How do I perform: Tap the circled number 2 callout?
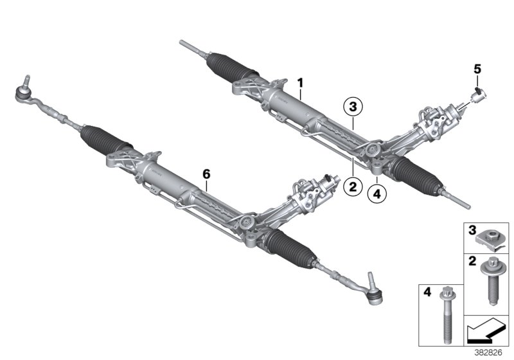351,187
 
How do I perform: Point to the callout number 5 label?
477,67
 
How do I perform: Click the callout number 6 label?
206,174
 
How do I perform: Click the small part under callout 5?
477,96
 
